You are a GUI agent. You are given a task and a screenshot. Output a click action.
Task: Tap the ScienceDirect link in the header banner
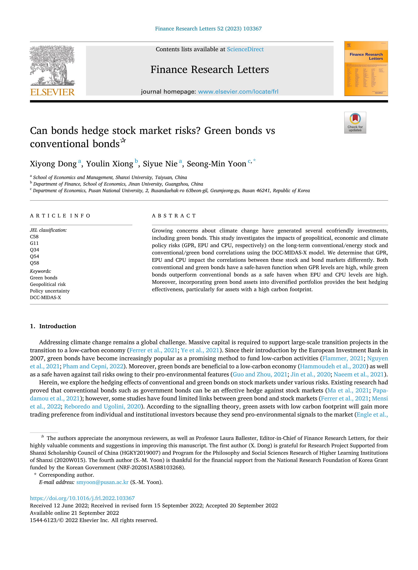click(x=245, y=49)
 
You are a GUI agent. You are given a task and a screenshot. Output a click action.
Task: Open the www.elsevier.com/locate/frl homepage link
click(x=238, y=92)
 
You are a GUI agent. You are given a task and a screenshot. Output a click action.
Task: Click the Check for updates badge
click(x=355, y=123)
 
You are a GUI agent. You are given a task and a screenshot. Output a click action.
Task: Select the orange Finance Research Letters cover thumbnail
click(x=366, y=69)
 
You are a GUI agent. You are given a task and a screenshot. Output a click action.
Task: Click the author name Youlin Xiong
click(x=109, y=164)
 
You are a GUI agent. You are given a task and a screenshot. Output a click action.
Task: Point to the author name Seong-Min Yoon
click(x=216, y=164)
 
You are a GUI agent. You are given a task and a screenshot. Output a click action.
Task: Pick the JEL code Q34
click(x=34, y=250)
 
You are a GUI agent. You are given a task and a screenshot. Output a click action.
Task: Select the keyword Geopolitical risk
click(x=48, y=284)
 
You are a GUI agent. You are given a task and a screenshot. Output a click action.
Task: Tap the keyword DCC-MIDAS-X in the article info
click(x=45, y=297)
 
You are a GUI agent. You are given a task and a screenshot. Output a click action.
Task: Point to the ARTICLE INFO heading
click(x=60, y=216)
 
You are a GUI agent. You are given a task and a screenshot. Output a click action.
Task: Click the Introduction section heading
click(x=58, y=326)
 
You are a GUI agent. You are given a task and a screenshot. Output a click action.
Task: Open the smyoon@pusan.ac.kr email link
click(x=102, y=482)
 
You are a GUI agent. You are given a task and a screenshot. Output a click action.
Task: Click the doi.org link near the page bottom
click(x=82, y=498)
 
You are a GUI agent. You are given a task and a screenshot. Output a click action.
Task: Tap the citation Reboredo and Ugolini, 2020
click(x=102, y=406)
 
